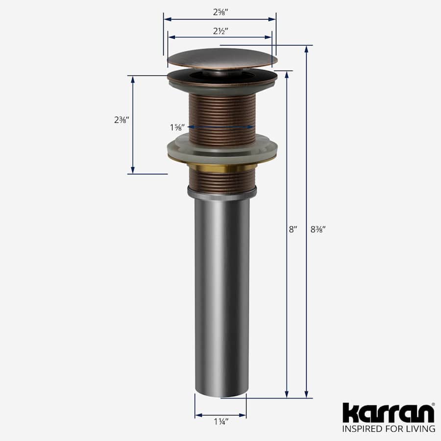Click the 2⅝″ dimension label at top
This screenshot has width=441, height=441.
click(220, 13)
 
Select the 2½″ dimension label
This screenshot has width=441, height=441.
click(220, 30)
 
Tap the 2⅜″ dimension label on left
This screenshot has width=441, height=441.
click(121, 120)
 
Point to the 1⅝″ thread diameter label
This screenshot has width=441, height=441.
click(177, 127)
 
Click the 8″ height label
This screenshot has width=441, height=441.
click(293, 229)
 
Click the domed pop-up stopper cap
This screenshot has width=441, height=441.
click(221, 60)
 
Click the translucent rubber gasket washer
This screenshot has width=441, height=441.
click(222, 148)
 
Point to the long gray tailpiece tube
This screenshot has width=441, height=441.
click(220, 294)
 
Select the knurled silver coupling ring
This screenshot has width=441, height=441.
click(222, 194)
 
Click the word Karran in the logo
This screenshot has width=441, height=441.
click(388, 413)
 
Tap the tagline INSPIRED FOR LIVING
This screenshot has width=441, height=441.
click(388, 429)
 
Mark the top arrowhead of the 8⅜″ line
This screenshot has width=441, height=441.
click(306, 49)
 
